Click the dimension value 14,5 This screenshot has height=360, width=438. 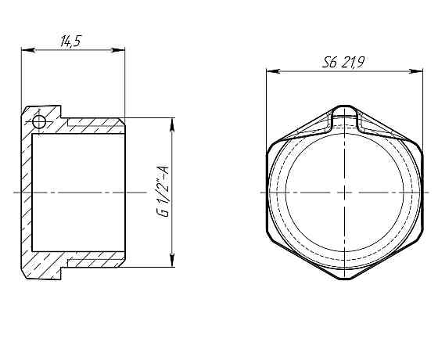pyautogui.click(x=71, y=41)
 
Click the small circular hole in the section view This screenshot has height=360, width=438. pyautogui.click(x=38, y=121)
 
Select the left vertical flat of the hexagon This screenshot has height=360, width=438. pyautogui.click(x=267, y=192)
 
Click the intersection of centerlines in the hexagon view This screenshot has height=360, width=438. pyautogui.click(x=343, y=192)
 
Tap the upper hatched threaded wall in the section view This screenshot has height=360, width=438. pyautogui.click(x=94, y=123)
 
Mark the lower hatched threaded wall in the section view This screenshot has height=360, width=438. pyautogui.click(x=94, y=259)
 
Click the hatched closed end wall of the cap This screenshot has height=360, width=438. pyautogui.click(x=26, y=192)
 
